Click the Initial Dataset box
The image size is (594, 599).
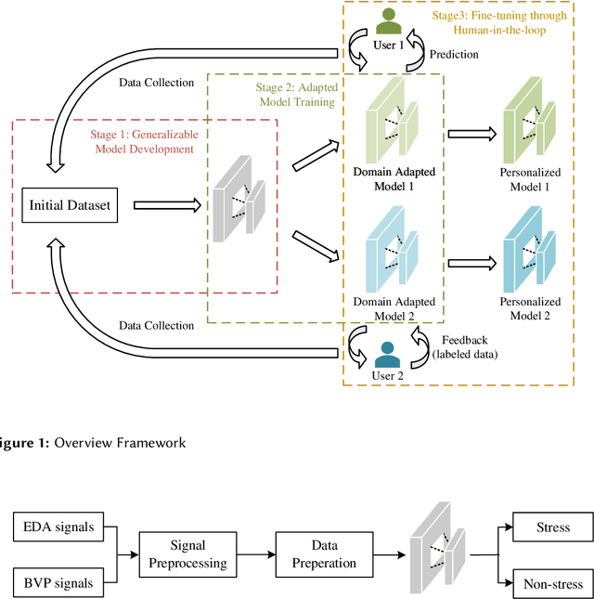pos(71,206)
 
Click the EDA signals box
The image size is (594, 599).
pos(58,528)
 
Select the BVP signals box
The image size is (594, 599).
pos(58,584)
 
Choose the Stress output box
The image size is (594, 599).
pos(553,528)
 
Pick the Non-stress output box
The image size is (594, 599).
pos(553,584)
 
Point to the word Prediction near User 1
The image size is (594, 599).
pos(454,55)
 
